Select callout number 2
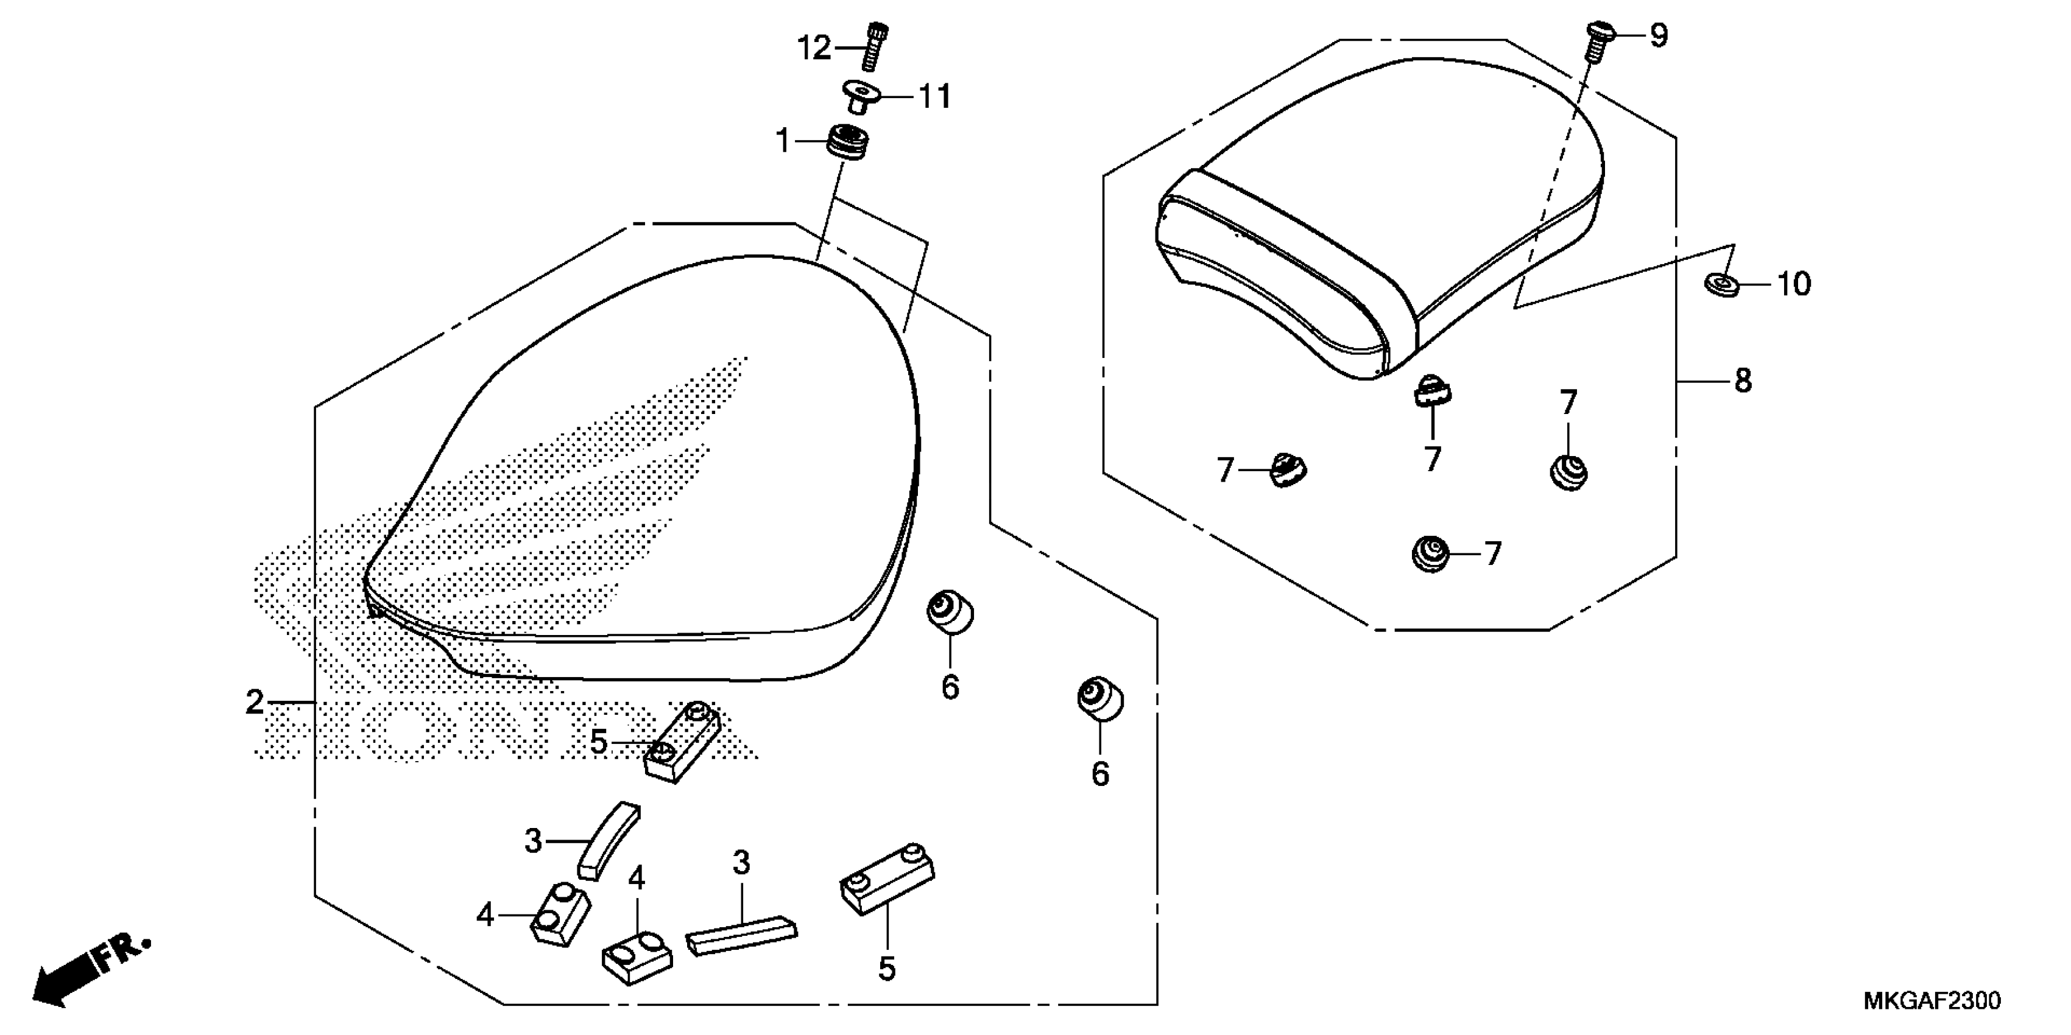[x=255, y=703]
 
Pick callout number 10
[x=1793, y=284]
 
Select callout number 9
[x=1658, y=35]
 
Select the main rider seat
[x=643, y=474]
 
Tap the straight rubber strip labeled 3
[x=741, y=935]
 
